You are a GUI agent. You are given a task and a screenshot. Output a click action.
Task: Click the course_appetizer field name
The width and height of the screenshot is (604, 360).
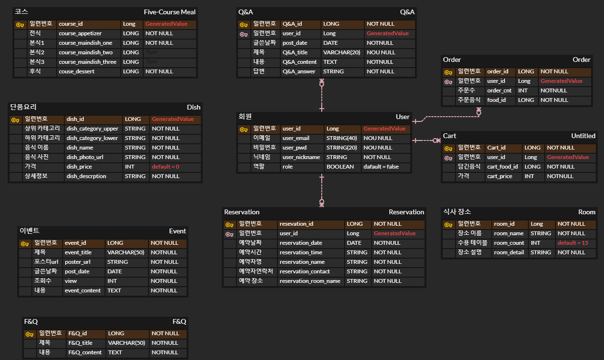tap(80, 33)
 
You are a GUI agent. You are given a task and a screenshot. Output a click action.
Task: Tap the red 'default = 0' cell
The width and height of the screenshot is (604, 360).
tap(165, 167)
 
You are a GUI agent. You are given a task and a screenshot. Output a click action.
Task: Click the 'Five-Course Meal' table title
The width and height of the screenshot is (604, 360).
tap(169, 12)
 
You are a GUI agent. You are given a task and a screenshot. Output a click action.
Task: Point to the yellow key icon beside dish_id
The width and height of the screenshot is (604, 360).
tap(15, 120)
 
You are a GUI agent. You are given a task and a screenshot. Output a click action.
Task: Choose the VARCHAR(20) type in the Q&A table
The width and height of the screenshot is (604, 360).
tap(342, 52)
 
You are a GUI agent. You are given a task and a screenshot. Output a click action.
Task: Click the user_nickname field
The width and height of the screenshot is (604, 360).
tap(301, 157)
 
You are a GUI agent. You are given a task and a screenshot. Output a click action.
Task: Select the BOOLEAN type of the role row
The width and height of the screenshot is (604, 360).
tap(340, 167)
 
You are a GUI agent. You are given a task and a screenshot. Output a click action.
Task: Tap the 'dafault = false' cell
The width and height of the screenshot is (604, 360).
tap(381, 167)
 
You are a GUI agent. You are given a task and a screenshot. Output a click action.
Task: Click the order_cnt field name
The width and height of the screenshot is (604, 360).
tap(499, 90)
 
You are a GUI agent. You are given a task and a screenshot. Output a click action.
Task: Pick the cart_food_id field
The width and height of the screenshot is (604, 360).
tap(502, 167)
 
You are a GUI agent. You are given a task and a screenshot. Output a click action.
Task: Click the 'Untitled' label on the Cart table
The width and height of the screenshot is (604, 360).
tap(583, 136)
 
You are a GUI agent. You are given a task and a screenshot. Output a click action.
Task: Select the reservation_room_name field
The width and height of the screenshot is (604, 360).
tap(310, 281)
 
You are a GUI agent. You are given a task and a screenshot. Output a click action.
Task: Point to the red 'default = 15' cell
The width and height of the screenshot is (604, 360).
tap(573, 243)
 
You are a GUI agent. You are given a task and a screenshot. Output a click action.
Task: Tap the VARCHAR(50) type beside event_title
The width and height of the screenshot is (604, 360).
tap(126, 252)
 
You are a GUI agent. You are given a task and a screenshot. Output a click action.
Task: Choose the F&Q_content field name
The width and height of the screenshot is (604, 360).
tap(85, 352)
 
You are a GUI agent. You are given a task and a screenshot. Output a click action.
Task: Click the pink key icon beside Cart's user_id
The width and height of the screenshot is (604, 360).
tap(448, 158)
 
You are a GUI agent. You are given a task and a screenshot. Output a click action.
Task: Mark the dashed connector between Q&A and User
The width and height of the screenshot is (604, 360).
tap(322, 95)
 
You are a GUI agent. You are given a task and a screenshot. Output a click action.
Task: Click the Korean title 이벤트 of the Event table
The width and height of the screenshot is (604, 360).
tap(30, 231)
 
